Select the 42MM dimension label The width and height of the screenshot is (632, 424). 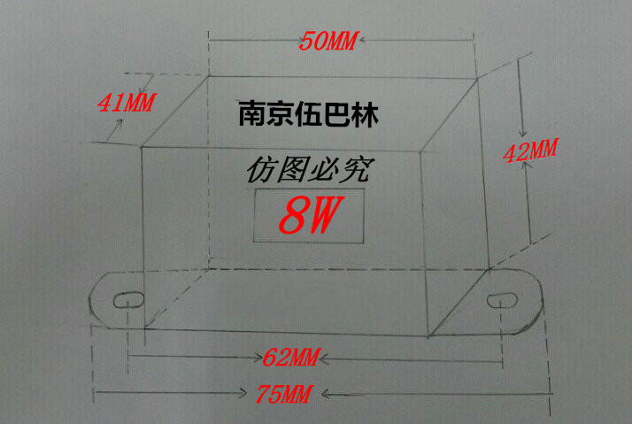pyautogui.click(x=529, y=150)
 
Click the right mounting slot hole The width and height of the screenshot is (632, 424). pyautogui.click(x=504, y=299)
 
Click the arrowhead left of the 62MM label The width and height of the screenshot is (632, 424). pyautogui.click(x=258, y=358)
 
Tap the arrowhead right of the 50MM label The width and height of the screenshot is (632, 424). pyautogui.click(x=362, y=41)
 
